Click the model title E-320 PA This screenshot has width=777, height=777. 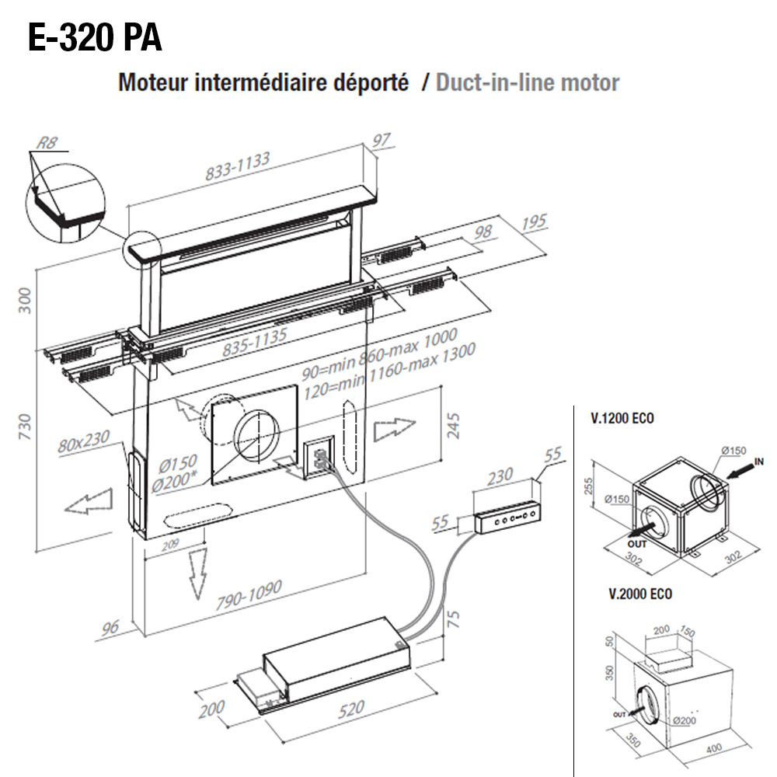95,37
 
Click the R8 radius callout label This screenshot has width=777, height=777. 47,144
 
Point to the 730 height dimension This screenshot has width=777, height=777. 25,427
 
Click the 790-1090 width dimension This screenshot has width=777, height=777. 250,594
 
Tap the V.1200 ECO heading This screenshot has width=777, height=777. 622,418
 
